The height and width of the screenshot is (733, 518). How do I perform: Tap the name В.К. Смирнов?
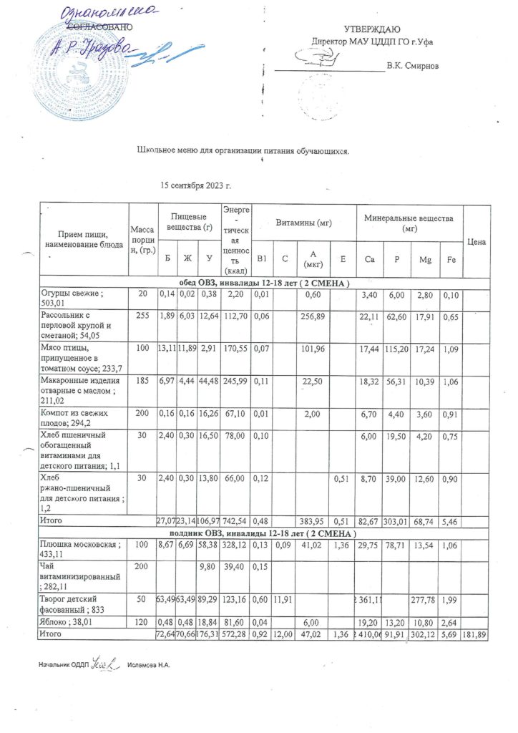coord(412,67)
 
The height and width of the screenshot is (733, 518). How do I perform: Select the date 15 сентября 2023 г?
coord(195,185)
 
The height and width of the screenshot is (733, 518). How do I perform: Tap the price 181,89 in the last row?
coord(476,635)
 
